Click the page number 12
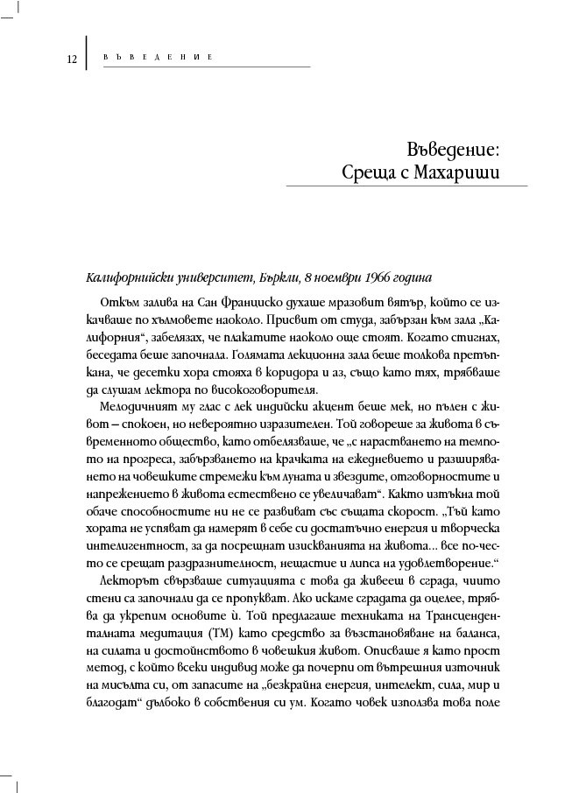coord(70,60)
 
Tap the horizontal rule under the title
coord(407,186)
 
